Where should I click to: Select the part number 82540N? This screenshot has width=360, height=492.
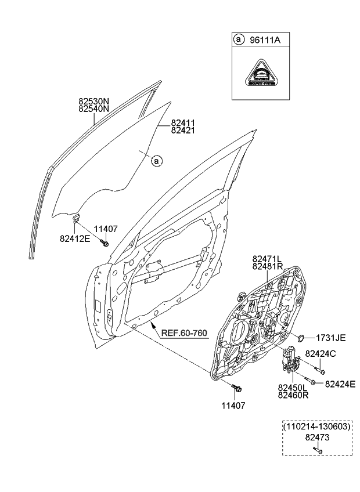93,108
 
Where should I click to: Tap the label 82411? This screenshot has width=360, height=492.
182,123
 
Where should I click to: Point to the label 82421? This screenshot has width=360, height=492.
182,131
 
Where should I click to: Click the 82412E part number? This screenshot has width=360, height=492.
74,238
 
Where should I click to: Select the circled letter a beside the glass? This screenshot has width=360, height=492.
156,161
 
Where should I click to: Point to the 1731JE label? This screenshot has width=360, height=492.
330,338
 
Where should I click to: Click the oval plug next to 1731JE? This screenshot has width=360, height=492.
301,338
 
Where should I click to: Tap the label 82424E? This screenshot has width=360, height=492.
340,384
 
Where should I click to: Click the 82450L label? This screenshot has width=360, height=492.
293,388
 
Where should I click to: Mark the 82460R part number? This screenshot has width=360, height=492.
293,395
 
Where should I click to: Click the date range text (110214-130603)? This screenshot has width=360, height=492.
317,426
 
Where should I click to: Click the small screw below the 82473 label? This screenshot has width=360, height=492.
317,450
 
